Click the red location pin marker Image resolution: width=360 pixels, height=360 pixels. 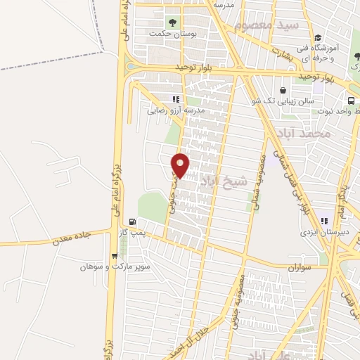pos(181,165)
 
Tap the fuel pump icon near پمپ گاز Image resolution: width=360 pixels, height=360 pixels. pos(132,221)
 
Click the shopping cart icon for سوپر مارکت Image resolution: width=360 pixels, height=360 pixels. pos(115,256)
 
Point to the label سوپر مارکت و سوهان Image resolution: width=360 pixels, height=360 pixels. pos(105,267)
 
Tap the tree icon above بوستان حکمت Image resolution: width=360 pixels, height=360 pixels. pos(153,20)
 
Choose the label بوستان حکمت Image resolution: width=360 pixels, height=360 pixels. pos(166,32)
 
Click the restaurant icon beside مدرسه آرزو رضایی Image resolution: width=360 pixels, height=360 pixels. pos(176,99)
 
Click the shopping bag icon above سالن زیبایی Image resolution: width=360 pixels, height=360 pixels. pos(283,90)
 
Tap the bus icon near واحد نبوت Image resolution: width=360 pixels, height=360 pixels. pos(351,99)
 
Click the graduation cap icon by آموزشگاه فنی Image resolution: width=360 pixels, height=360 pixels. pos(318,37)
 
